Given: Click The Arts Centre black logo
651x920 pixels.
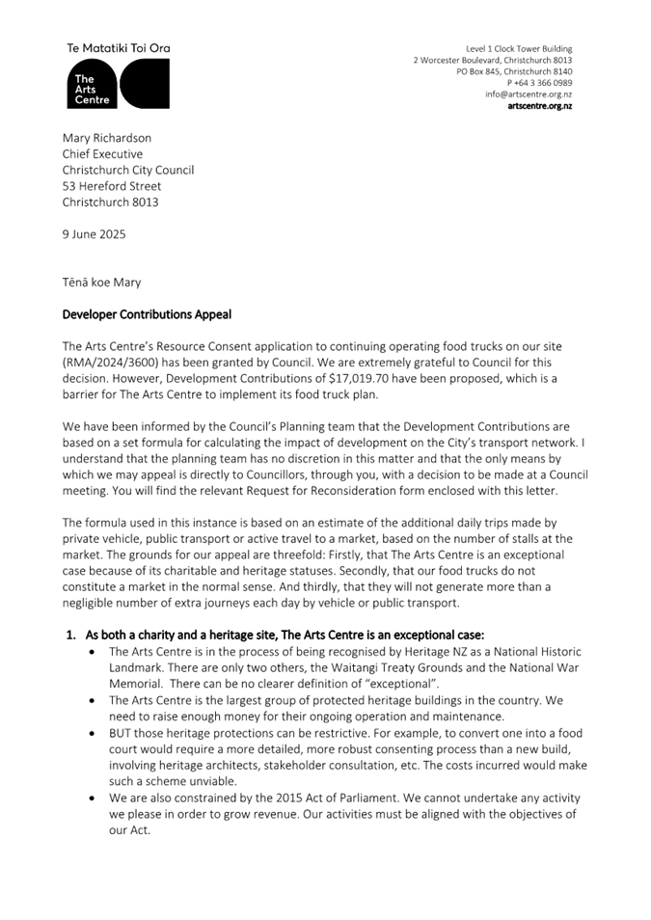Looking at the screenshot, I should tap(118, 83).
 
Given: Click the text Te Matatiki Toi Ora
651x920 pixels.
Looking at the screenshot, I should tap(118, 47).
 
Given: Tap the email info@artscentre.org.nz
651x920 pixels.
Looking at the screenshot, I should tap(529, 95).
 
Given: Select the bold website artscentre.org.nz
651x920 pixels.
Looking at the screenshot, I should tap(539, 106).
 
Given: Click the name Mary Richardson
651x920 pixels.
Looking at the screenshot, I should tap(107, 138).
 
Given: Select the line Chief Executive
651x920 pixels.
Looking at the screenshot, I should tap(102, 154).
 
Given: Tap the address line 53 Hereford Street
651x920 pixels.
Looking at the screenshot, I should tap(112, 186).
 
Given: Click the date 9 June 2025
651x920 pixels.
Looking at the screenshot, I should tap(94, 233).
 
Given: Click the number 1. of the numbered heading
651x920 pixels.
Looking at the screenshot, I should tap(70, 635).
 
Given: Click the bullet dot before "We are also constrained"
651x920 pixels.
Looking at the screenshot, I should tap(90, 798).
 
